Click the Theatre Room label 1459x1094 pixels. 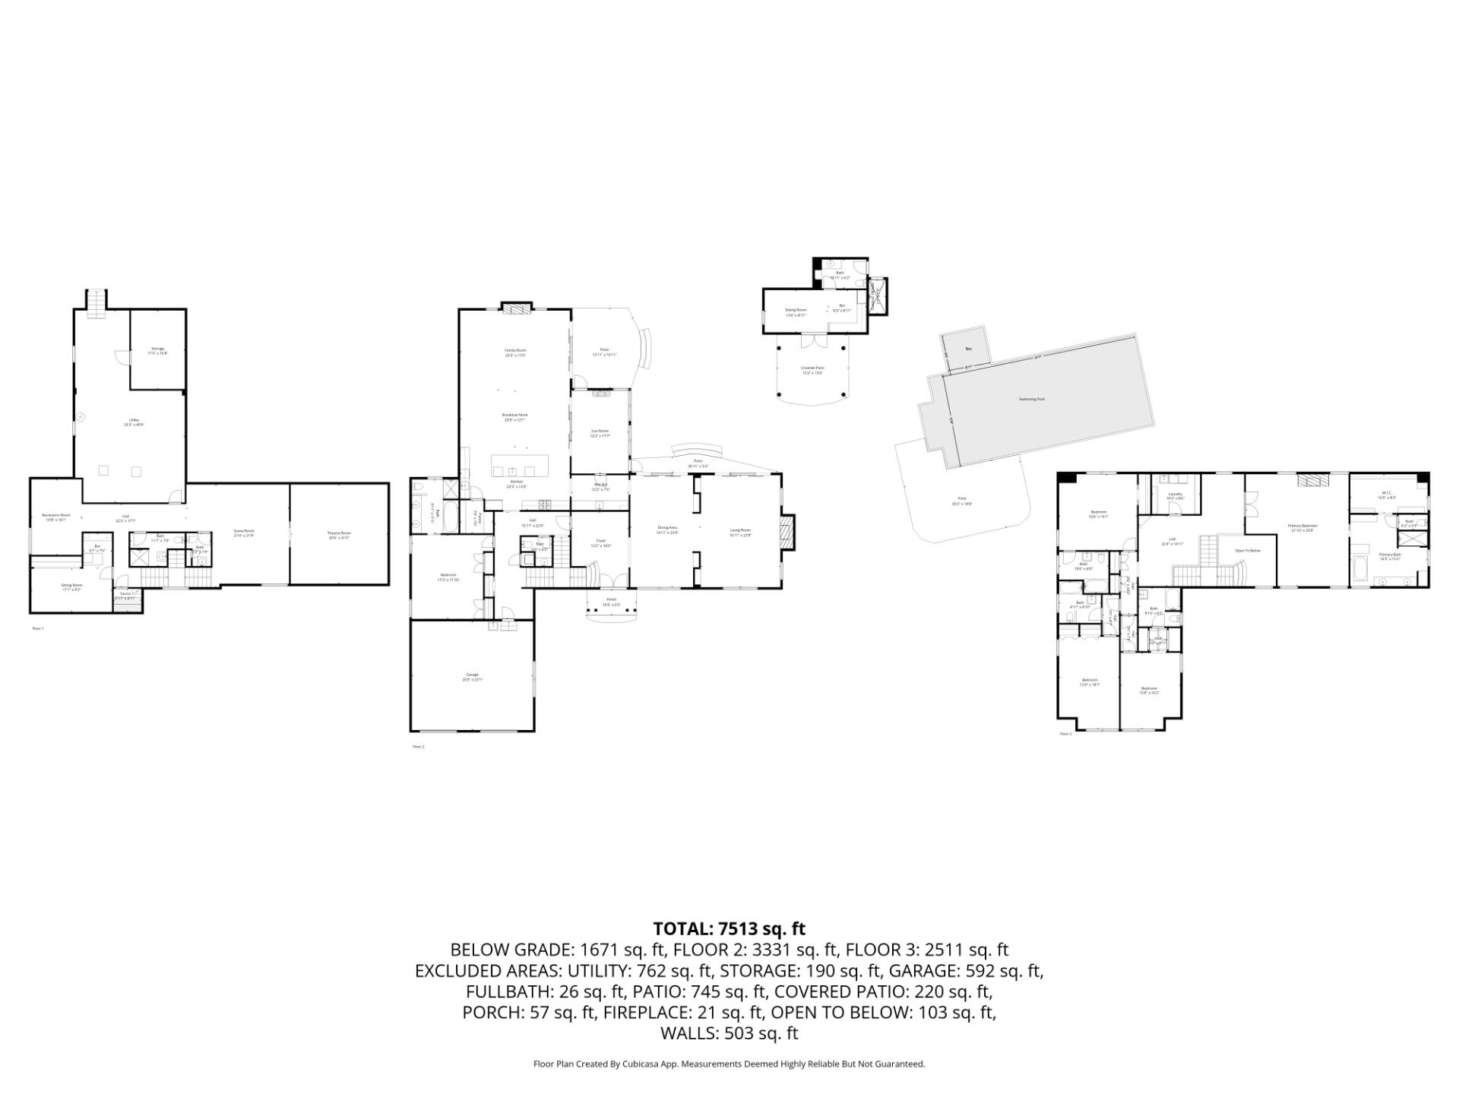point(339,534)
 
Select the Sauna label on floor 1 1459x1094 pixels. point(125,595)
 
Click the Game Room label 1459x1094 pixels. point(244,534)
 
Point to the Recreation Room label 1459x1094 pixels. point(55,517)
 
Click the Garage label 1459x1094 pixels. point(472,676)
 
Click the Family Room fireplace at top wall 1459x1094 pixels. point(514,308)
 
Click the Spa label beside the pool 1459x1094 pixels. point(968,349)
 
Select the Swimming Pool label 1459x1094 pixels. point(1031,399)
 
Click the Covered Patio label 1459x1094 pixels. point(812,369)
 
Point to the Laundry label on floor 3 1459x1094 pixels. point(1175,495)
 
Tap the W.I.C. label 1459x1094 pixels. point(1388,494)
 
